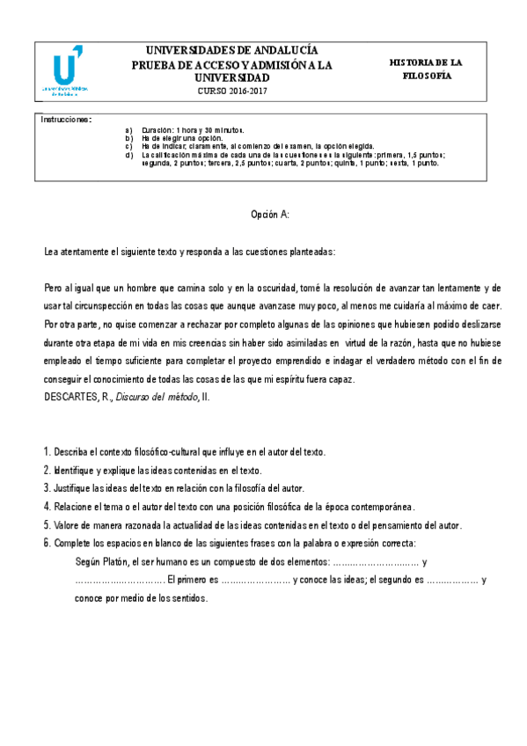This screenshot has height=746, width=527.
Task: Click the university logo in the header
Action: coord(66,72)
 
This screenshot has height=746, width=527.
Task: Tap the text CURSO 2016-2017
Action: coord(231,91)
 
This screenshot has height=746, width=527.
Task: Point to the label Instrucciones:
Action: coord(67,120)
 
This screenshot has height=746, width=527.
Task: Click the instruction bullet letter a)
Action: coord(129,129)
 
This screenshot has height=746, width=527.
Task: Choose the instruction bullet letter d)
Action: coord(129,155)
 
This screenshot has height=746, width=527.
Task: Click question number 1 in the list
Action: coord(47,452)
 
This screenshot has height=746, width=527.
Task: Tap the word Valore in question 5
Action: coord(69,526)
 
